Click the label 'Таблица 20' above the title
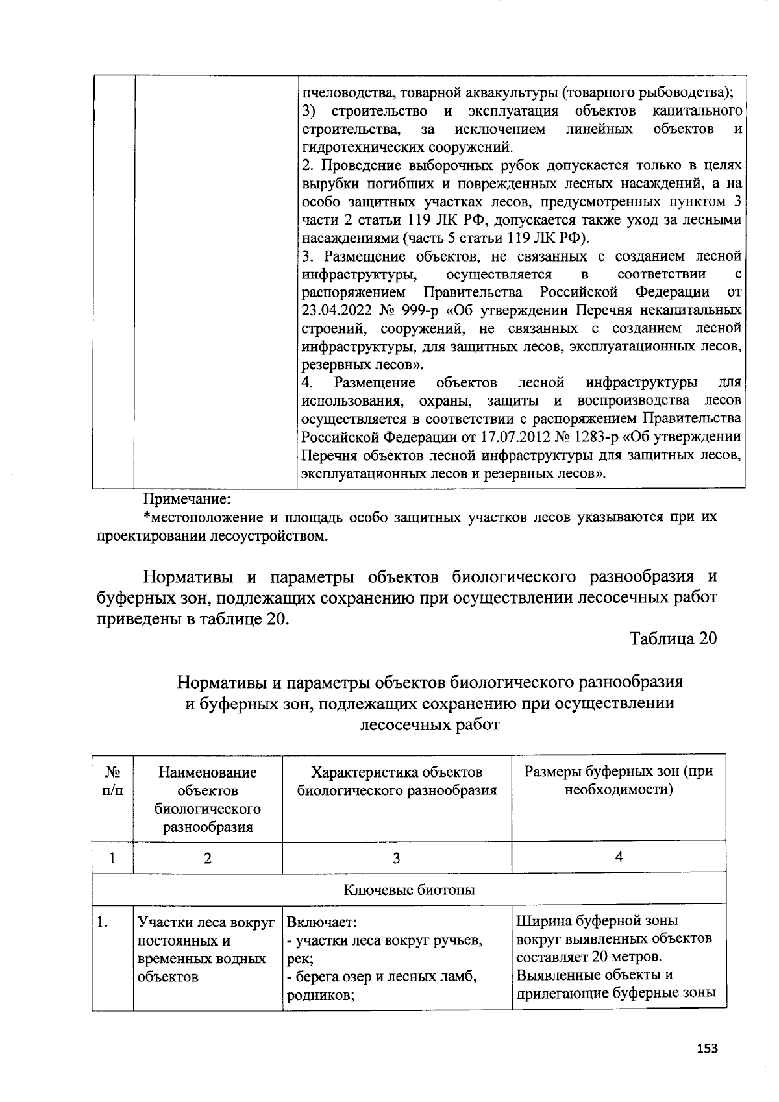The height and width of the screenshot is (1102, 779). [x=673, y=639]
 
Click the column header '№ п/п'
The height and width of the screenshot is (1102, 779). [x=113, y=781]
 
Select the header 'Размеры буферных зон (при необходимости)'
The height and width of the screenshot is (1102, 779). [x=618, y=781]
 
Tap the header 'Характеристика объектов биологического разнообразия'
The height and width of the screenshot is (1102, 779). [x=397, y=781]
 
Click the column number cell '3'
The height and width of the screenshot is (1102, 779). [x=396, y=858]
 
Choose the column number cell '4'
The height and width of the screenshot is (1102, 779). [x=619, y=857]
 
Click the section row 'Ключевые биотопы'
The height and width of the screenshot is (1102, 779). [x=409, y=890]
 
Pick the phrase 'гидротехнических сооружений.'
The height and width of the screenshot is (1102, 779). [x=407, y=146]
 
